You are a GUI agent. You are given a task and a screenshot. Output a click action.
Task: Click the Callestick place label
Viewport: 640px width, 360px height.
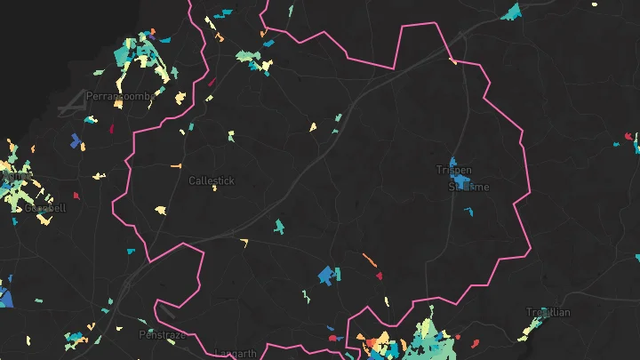point(212,180)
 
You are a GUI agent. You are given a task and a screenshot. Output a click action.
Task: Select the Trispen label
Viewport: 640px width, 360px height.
point(453,169)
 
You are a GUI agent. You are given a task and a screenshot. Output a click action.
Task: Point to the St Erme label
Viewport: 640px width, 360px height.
point(468,187)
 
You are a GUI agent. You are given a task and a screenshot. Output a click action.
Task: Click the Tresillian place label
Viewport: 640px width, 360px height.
point(548,312)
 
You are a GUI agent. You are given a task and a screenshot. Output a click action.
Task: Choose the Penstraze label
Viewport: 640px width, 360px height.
point(161,334)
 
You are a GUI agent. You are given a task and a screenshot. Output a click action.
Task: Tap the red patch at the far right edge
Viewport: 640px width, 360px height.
point(628,136)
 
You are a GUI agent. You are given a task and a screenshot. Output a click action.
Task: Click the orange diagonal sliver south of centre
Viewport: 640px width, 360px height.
point(369,260)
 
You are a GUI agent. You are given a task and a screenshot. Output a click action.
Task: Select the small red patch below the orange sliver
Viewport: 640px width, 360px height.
point(379,276)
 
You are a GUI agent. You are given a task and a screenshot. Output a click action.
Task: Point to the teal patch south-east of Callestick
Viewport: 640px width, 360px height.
point(279,226)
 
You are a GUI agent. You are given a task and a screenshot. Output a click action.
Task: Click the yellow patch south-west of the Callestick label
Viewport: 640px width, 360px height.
point(161,210)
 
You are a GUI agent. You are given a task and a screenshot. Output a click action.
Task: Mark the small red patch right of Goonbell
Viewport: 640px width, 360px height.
point(76,194)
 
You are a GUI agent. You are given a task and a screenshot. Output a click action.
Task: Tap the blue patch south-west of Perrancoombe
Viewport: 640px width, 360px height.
point(76,140)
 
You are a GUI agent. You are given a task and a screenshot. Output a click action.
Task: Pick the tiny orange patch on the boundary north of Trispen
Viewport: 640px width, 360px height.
point(452,61)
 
